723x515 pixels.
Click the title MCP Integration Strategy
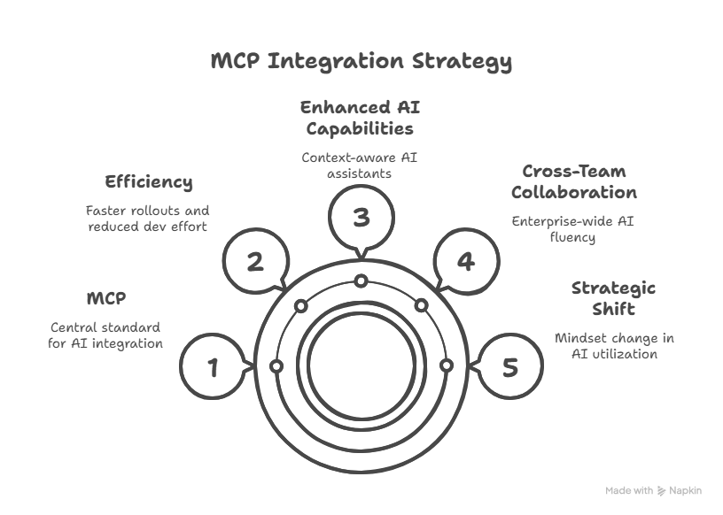click(x=361, y=61)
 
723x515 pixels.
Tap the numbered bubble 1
click(x=213, y=366)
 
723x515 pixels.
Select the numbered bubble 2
click(x=255, y=261)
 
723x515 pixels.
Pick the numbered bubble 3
click(x=361, y=218)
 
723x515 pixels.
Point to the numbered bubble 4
click(x=466, y=261)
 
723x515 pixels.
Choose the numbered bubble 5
click(x=509, y=366)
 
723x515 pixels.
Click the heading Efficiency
click(x=148, y=182)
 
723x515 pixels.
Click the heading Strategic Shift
click(x=613, y=298)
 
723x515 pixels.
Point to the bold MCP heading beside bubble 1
click(x=106, y=297)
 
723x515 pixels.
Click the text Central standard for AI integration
click(x=105, y=334)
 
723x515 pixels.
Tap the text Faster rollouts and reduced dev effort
click(x=147, y=219)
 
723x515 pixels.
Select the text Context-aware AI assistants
click(x=359, y=165)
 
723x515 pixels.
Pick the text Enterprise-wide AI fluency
click(x=572, y=229)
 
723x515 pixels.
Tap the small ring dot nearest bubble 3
click(x=361, y=281)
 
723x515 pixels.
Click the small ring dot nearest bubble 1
click(x=276, y=366)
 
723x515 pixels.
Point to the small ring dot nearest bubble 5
click(x=446, y=365)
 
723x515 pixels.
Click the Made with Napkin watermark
click(x=653, y=490)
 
